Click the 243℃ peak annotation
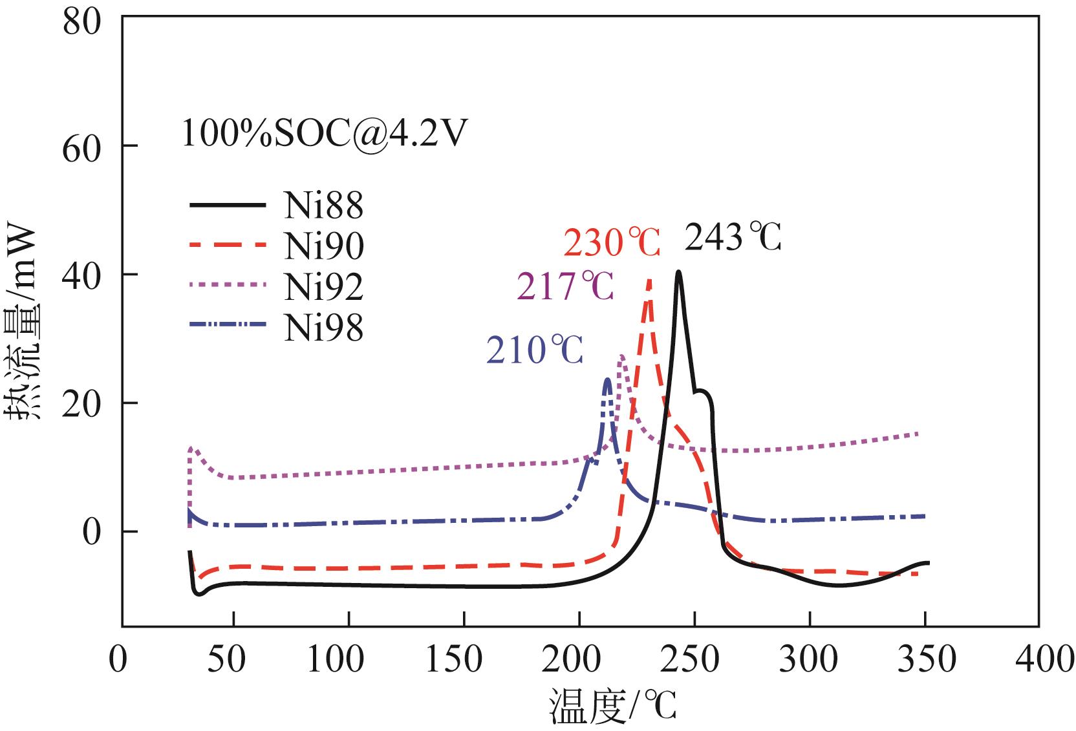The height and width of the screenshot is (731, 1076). [733, 238]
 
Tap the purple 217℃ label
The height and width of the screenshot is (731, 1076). [565, 286]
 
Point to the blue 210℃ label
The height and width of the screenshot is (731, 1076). [535, 350]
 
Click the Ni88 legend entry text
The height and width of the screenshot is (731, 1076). [323, 205]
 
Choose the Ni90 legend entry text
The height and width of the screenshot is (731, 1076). [323, 246]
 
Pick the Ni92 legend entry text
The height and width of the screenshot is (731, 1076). [323, 286]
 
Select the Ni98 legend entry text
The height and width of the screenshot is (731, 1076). [323, 328]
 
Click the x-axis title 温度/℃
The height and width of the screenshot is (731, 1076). [612, 706]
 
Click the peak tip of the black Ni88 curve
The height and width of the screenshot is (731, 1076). [678, 271]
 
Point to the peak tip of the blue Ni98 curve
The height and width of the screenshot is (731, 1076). [607, 379]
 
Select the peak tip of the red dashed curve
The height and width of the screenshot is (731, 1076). [649, 280]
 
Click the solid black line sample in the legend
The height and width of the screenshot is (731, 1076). [228, 205]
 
